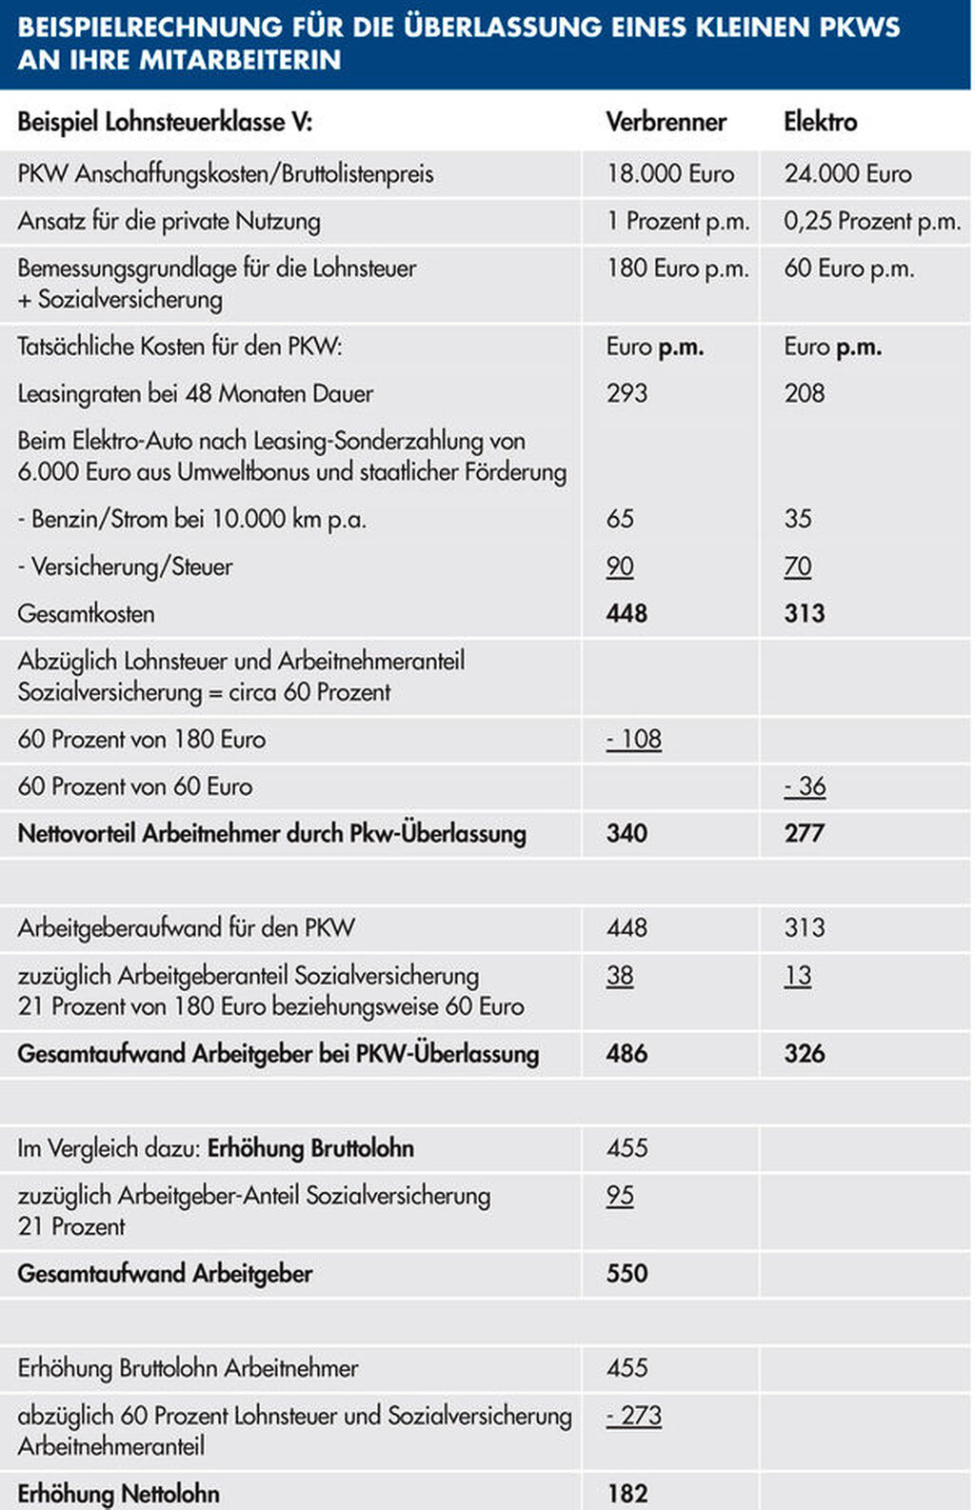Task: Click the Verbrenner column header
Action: pos(666,122)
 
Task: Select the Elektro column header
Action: pos(820,122)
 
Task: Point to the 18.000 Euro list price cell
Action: pos(670,173)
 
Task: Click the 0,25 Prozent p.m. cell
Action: pos(871,221)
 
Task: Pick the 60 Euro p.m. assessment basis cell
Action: pos(848,268)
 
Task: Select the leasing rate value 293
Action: pos(627,393)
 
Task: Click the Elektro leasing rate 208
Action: pos(804,393)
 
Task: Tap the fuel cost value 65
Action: pos(620,519)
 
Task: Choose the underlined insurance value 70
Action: pos(798,566)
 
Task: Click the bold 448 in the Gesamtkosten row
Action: pos(627,613)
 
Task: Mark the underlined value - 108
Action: pos(634,739)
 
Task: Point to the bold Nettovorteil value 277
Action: pos(804,833)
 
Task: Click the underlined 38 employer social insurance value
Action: pos(620,976)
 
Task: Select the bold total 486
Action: pos(627,1054)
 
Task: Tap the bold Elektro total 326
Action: pos(804,1054)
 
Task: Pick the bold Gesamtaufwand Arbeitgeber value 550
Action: pos(627,1274)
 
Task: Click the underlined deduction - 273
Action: pos(634,1416)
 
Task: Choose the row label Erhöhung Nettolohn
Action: pos(118,1494)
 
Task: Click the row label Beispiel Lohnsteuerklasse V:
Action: pos(165,122)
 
